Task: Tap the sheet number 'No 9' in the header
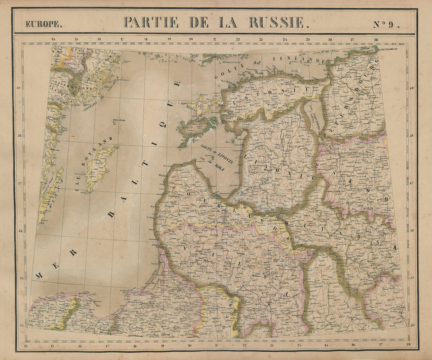(386, 24)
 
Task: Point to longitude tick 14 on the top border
(53, 39)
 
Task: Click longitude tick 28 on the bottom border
(408, 344)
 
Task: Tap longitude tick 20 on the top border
(191, 39)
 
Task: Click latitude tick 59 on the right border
(411, 88)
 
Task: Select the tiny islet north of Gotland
(113, 123)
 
